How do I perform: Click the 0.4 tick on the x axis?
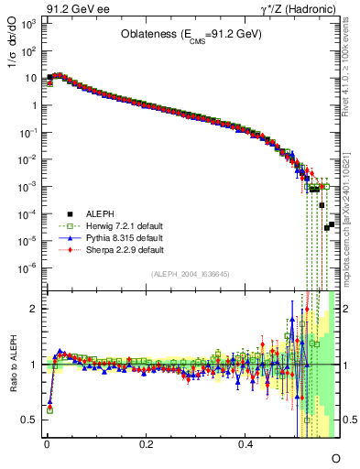[245, 444]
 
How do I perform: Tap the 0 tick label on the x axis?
[47, 444]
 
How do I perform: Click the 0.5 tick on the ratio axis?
[31, 420]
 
